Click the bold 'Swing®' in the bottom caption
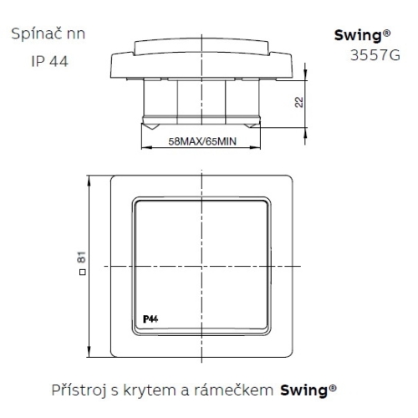308,390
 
